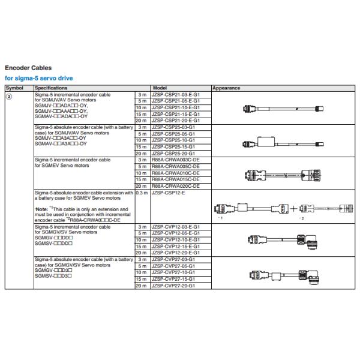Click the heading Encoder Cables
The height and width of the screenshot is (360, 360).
(28, 68)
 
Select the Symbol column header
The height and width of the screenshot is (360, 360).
(14, 88)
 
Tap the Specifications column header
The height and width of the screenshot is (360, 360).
(50, 88)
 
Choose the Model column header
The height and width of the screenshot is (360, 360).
(160, 88)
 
